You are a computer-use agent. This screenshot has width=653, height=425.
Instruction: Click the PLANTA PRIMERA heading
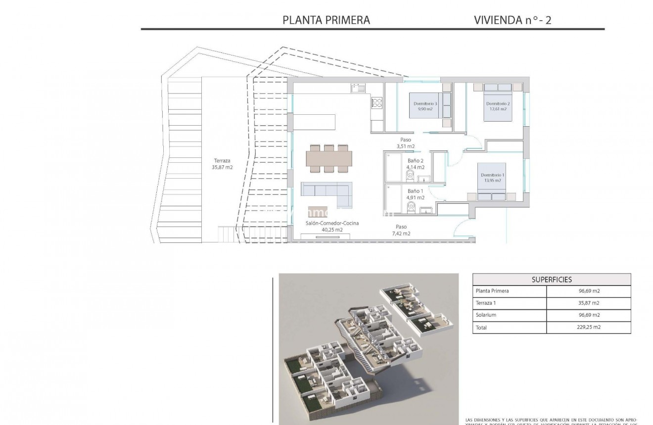(x=326, y=20)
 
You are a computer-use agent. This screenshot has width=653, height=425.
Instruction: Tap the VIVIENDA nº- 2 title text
(x=512, y=20)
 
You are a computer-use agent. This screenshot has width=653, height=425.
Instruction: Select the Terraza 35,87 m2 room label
(x=222, y=164)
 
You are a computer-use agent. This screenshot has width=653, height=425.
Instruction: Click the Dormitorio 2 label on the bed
(x=497, y=106)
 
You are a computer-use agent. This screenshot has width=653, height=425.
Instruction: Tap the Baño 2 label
(x=415, y=164)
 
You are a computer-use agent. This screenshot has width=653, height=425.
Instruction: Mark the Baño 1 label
(x=415, y=194)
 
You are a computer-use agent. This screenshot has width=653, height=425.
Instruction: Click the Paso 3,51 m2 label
(x=405, y=143)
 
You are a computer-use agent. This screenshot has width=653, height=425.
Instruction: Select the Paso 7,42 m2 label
(x=401, y=230)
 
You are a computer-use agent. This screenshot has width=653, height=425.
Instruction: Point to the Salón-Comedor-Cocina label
(x=332, y=226)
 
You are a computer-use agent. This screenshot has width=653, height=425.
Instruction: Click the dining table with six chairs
(x=329, y=158)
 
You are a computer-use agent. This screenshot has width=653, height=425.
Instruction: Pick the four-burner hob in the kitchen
(x=377, y=103)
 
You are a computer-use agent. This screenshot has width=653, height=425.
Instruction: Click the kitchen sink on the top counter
(x=358, y=88)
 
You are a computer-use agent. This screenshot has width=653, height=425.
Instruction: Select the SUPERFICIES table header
(x=552, y=280)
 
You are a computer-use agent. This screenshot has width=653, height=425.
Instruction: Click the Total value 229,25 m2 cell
(x=588, y=327)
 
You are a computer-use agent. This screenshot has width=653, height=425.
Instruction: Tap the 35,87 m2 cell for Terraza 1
(x=588, y=303)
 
